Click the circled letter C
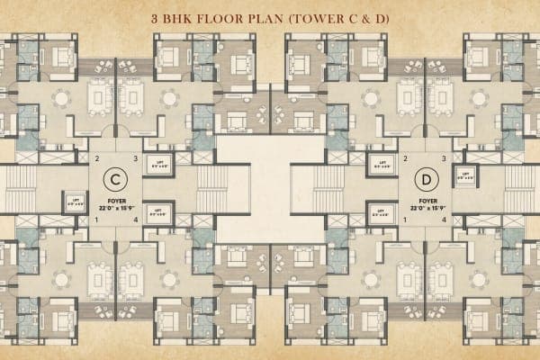(114, 175)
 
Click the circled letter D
(426, 175)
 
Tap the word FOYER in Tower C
(114, 202)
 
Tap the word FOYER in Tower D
(427, 202)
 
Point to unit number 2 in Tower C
(96, 159)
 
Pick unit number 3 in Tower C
(135, 159)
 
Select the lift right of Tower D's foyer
(466, 175)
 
